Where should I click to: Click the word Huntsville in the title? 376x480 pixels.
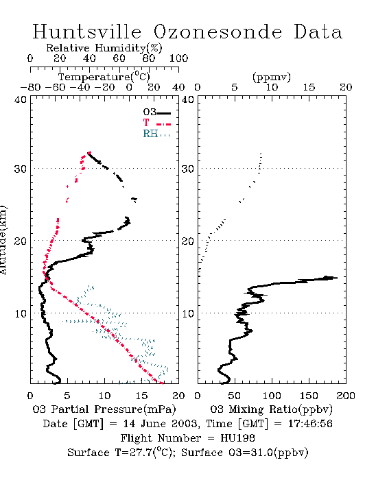(x=87, y=32)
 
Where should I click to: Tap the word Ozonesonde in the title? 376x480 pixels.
(x=218, y=32)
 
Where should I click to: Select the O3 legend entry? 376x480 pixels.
(x=156, y=112)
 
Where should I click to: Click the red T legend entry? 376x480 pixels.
(x=156, y=123)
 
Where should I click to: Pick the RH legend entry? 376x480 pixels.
(x=156, y=134)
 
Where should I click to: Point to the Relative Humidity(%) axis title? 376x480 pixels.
(x=104, y=48)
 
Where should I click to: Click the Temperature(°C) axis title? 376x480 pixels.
(x=104, y=77)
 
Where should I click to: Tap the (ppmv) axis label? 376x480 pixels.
(x=272, y=77)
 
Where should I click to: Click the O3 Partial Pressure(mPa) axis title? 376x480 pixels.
(x=104, y=409)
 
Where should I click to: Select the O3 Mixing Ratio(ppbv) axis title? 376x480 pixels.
(x=271, y=409)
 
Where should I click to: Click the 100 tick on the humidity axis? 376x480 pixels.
(x=178, y=58)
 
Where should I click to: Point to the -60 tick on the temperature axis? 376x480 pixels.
(x=55, y=87)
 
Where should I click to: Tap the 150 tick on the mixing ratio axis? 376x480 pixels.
(x=309, y=396)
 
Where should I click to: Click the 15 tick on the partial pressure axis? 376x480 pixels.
(x=141, y=396)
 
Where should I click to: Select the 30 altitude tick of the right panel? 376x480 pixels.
(x=188, y=169)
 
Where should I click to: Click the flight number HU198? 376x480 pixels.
(x=237, y=438)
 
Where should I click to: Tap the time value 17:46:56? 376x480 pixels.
(x=310, y=424)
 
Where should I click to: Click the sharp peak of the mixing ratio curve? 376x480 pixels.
(x=337, y=278)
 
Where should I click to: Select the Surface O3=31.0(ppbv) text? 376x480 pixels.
(x=245, y=453)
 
